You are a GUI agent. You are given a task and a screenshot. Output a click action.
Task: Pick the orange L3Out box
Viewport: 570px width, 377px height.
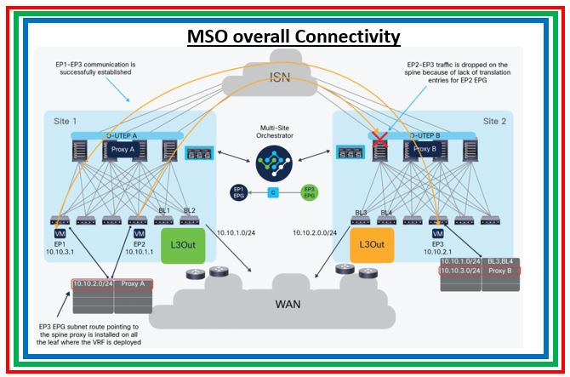click(372, 243)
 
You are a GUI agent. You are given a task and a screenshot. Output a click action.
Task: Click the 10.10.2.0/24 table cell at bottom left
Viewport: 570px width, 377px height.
click(93, 283)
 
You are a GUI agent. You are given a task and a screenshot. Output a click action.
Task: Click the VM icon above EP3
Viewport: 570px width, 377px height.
click(438, 233)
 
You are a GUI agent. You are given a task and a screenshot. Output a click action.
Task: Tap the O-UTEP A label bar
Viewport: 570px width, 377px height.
click(123, 134)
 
